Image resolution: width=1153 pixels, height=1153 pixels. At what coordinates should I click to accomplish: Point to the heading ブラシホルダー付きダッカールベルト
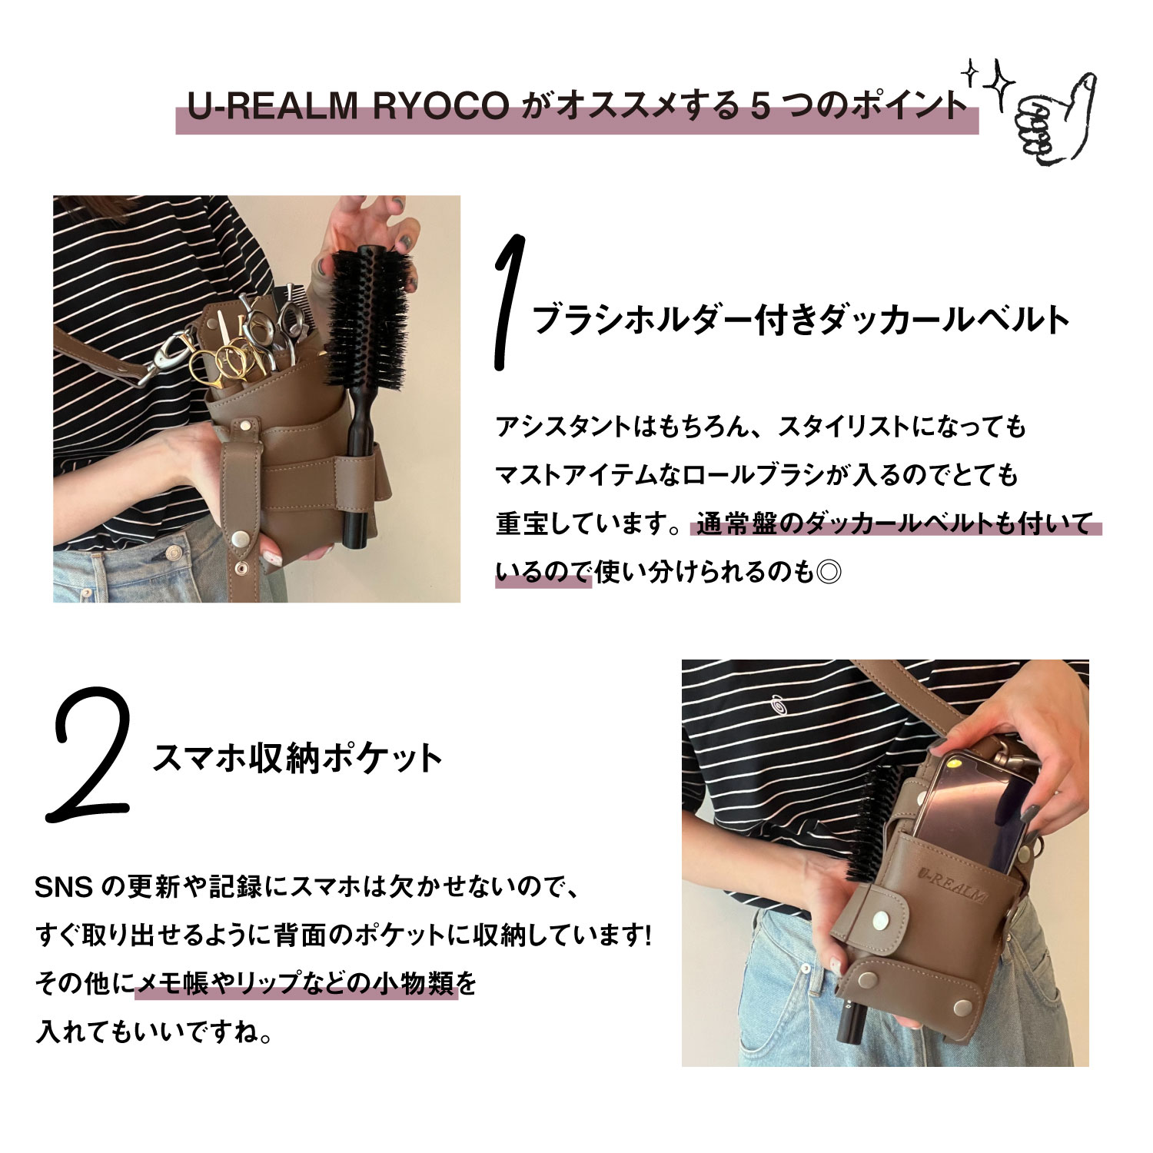coord(800,320)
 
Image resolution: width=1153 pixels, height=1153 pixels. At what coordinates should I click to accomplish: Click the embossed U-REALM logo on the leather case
coord(953,884)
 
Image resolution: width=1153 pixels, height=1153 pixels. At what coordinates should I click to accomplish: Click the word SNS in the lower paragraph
coord(63,889)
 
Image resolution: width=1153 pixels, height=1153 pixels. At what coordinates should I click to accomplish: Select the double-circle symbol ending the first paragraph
coord(829,573)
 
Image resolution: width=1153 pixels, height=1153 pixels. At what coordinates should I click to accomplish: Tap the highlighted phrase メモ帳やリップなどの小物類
coord(296,984)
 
